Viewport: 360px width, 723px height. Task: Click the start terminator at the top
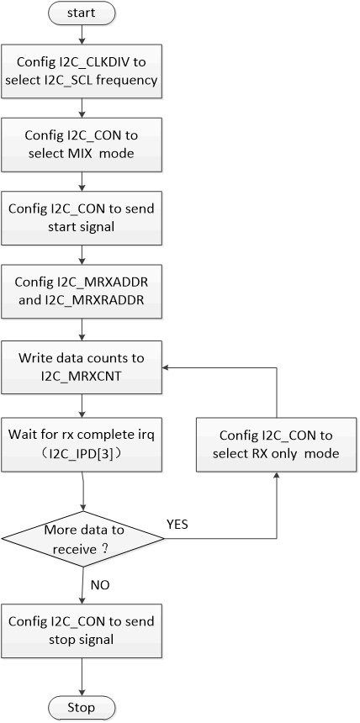coord(82,14)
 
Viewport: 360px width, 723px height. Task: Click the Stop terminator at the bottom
coord(82,706)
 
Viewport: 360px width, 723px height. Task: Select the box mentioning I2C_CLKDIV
coord(82,72)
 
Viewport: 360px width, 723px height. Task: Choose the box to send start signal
coord(82,217)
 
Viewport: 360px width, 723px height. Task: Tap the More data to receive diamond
coord(82,537)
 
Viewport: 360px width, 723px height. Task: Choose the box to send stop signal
coord(82,630)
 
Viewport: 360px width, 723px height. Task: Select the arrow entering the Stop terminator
coord(82,677)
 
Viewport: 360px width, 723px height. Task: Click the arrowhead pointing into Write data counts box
coord(167,367)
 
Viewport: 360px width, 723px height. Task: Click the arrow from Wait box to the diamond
coord(82,492)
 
